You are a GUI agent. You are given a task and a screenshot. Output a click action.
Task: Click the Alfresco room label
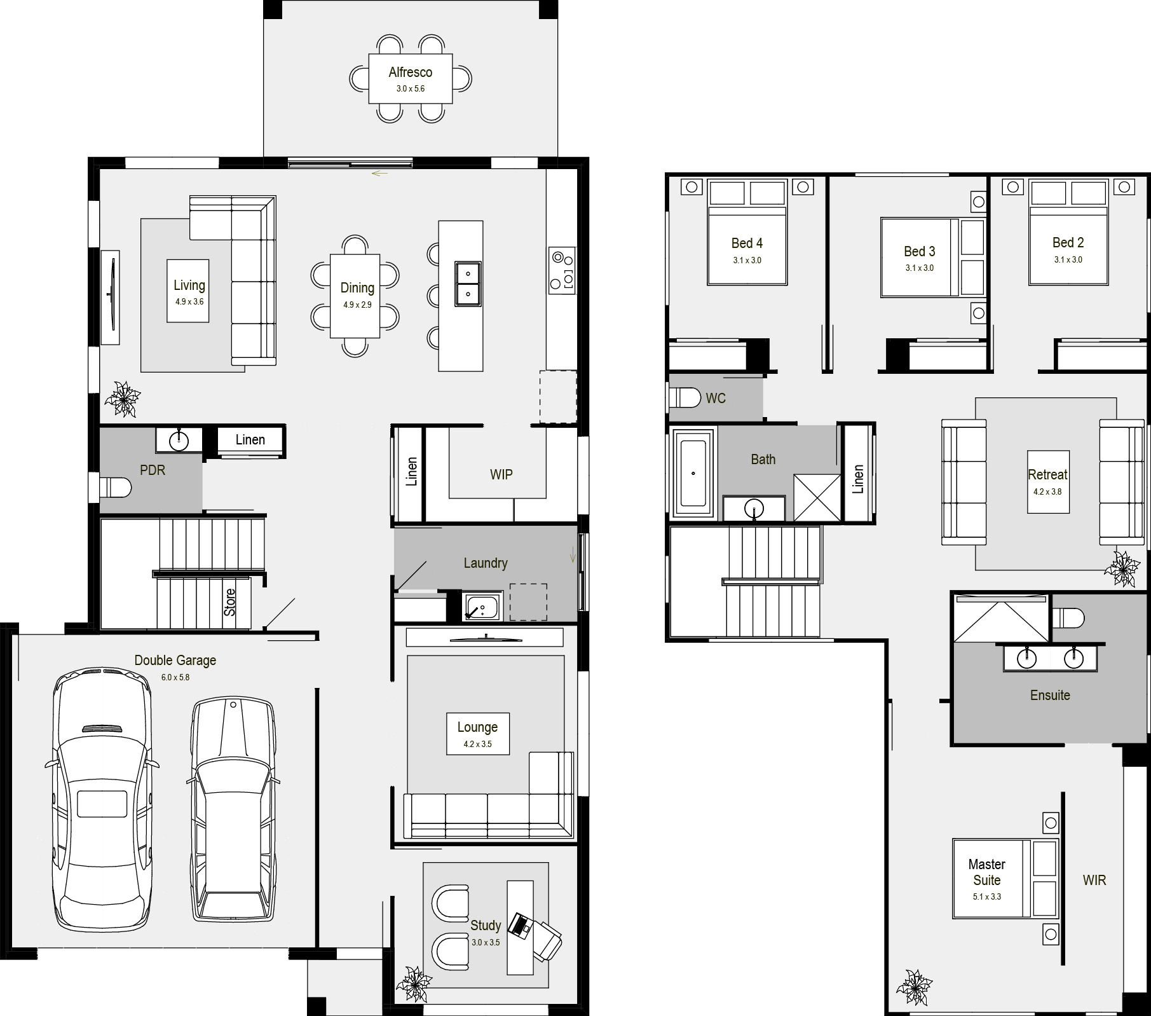411,72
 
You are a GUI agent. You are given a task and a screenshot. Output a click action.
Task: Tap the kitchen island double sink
468,284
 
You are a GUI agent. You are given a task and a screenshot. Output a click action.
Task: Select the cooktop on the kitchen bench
562,270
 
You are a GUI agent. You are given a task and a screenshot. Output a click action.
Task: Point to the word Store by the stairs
230,601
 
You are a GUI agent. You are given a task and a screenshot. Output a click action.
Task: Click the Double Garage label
175,661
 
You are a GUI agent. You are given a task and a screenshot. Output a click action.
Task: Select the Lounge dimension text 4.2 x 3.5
477,744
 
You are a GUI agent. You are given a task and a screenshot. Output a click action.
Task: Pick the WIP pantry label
501,474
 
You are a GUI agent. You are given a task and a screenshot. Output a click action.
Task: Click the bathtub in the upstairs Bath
693,472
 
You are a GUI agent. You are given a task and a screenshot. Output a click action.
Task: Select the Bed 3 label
920,252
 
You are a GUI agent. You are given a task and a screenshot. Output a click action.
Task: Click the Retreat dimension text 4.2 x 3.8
1047,491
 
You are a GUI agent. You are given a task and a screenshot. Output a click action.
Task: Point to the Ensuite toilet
1068,617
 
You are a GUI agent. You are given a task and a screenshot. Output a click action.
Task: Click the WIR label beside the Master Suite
1094,881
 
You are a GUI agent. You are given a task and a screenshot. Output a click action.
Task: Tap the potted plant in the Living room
122,399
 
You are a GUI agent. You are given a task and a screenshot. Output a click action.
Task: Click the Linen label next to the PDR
250,440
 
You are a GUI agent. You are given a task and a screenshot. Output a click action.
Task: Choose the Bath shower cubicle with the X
817,498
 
